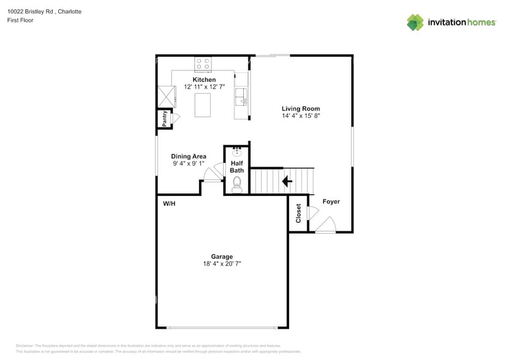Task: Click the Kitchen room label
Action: (204, 80)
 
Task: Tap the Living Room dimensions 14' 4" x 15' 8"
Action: (301, 116)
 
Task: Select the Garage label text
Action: (222, 257)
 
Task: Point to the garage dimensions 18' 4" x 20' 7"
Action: (222, 264)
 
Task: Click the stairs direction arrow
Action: (286, 181)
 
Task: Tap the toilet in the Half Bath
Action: (237, 184)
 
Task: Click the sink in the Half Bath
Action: (237, 151)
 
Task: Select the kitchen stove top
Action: (203, 63)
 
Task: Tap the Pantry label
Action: (165, 118)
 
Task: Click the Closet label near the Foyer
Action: (298, 213)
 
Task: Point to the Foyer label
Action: (331, 201)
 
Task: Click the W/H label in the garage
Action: (169, 203)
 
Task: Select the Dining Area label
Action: (189, 156)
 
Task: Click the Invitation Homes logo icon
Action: (415, 22)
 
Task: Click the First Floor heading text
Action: (20, 20)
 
